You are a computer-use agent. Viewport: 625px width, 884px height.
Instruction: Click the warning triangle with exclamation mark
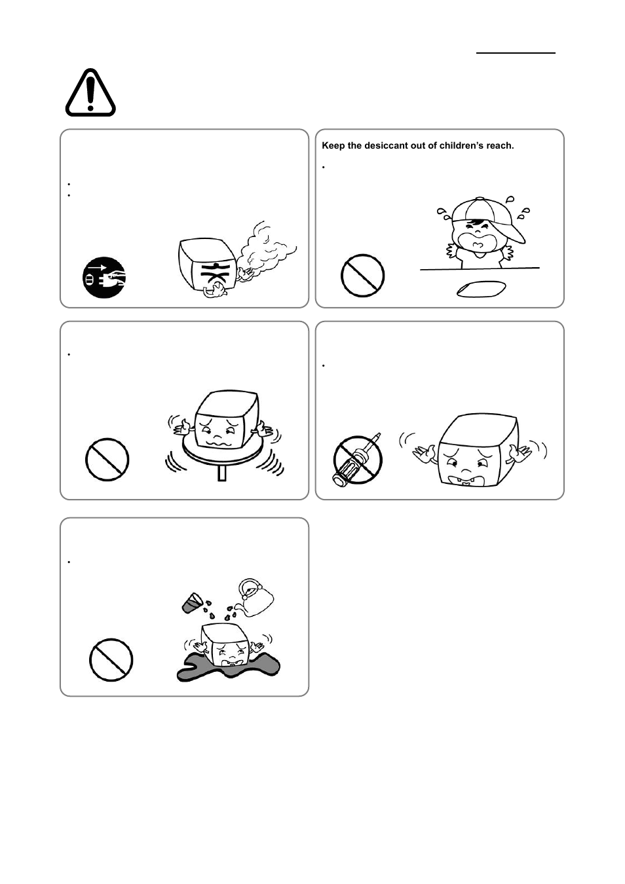[x=90, y=94]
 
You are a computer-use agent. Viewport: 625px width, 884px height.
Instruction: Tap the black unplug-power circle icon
[x=104, y=278]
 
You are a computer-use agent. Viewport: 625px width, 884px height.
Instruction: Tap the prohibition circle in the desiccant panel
[x=362, y=276]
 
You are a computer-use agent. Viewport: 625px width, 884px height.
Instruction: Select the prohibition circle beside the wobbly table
[x=107, y=460]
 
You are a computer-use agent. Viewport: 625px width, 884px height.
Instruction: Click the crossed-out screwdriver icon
[x=358, y=458]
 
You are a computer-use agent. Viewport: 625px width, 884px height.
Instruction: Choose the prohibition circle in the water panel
[x=111, y=660]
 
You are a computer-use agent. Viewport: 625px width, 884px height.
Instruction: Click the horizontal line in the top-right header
[x=516, y=52]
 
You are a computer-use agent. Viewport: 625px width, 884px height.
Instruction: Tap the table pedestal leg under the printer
[x=221, y=473]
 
